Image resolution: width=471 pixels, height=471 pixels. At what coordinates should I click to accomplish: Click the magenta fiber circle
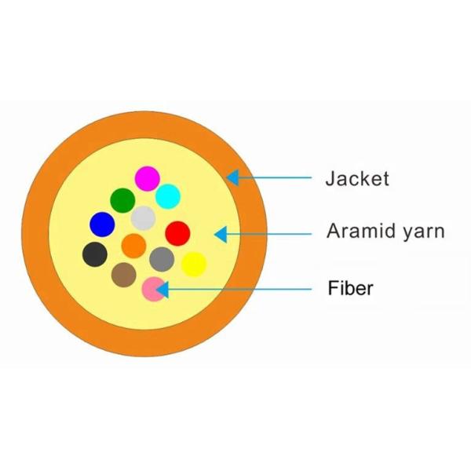click(x=148, y=178)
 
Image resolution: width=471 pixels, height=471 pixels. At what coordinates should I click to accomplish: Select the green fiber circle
click(x=122, y=200)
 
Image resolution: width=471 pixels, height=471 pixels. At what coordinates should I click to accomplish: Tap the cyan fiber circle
click(x=168, y=195)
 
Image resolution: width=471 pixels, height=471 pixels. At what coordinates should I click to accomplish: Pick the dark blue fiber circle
click(x=102, y=225)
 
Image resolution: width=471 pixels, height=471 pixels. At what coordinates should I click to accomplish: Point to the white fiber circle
click(x=143, y=217)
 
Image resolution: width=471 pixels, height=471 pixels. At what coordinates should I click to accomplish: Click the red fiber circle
click(x=177, y=233)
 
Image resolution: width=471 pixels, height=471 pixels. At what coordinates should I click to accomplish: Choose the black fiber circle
click(x=95, y=254)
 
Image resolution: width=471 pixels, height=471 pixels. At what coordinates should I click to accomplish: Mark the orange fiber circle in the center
click(x=134, y=246)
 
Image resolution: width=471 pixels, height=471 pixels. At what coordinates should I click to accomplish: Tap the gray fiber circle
click(x=161, y=258)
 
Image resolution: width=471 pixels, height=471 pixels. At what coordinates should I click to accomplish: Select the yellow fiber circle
click(x=193, y=264)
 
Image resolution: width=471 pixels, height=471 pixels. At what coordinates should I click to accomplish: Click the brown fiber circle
click(x=123, y=274)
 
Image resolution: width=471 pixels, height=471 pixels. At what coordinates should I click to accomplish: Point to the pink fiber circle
click(x=155, y=289)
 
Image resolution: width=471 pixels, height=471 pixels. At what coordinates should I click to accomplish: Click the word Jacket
click(x=357, y=179)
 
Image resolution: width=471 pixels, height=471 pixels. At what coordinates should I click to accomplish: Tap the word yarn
click(x=426, y=232)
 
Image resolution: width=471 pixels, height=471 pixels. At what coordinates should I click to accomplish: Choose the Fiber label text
click(x=350, y=288)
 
